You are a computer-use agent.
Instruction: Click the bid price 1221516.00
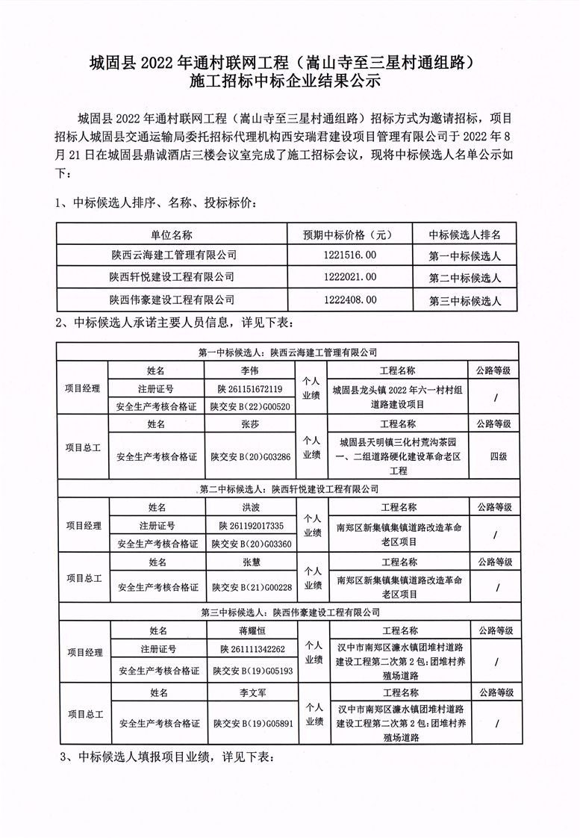(350, 255)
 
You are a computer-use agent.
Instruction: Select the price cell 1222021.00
(350, 278)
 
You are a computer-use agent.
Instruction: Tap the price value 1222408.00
(350, 300)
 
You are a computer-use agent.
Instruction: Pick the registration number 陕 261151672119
(251, 389)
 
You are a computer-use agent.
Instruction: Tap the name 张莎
(249, 424)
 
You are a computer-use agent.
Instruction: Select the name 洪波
(249, 507)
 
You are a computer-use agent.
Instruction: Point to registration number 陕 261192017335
(251, 525)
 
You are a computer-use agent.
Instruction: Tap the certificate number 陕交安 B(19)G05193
(251, 670)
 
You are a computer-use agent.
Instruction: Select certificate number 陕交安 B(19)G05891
(251, 723)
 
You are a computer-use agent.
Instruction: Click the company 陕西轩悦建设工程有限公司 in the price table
(172, 278)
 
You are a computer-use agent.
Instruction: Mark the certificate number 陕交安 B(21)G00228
(251, 586)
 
